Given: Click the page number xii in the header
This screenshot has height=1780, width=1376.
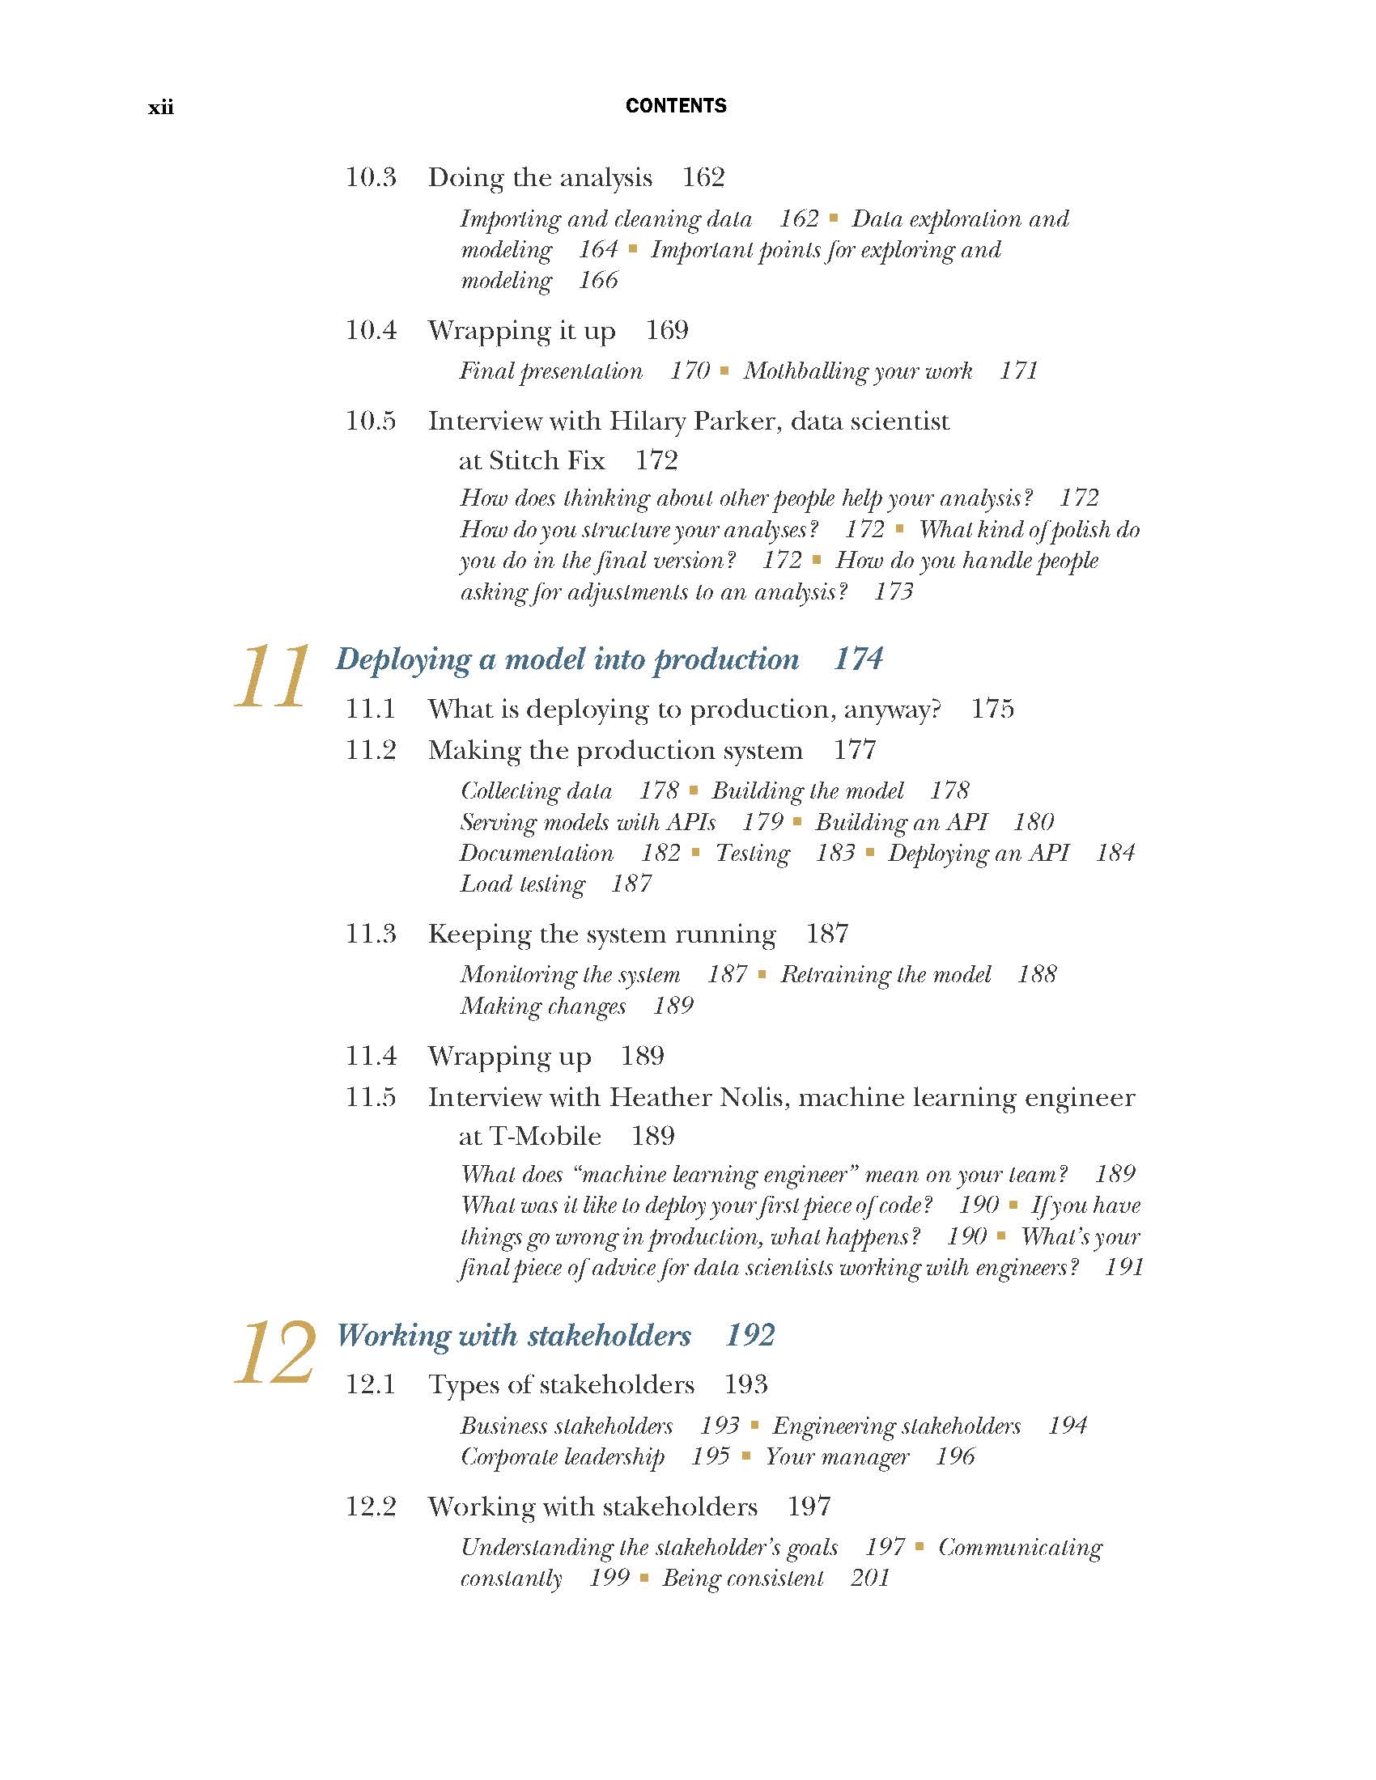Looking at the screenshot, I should click(x=160, y=108).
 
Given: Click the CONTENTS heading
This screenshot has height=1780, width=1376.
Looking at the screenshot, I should click(x=676, y=106).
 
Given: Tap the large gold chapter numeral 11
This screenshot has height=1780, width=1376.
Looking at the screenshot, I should click(x=272, y=676).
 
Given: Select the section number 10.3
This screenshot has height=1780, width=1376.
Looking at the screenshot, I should click(x=371, y=178).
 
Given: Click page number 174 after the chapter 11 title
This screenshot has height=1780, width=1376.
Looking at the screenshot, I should click(x=858, y=659).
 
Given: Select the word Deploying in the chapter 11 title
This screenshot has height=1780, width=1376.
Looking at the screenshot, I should click(x=404, y=659).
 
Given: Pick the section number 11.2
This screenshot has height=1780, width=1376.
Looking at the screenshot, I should click(x=371, y=750).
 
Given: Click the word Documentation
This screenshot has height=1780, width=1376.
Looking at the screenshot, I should click(x=537, y=854).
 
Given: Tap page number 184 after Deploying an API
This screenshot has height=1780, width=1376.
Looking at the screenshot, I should click(x=1115, y=854).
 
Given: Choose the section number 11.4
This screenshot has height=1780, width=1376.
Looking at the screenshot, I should click(x=371, y=1056).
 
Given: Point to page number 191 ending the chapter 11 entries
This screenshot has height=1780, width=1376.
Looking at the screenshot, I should click(x=1124, y=1267).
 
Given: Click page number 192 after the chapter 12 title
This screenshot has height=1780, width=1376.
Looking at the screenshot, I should click(x=750, y=1335).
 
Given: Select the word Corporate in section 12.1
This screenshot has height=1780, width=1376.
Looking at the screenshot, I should click(x=508, y=1457).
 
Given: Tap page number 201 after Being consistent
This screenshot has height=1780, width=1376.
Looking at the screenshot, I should click(x=870, y=1579).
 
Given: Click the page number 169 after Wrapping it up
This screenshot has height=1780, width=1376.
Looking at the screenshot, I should click(x=667, y=330).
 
